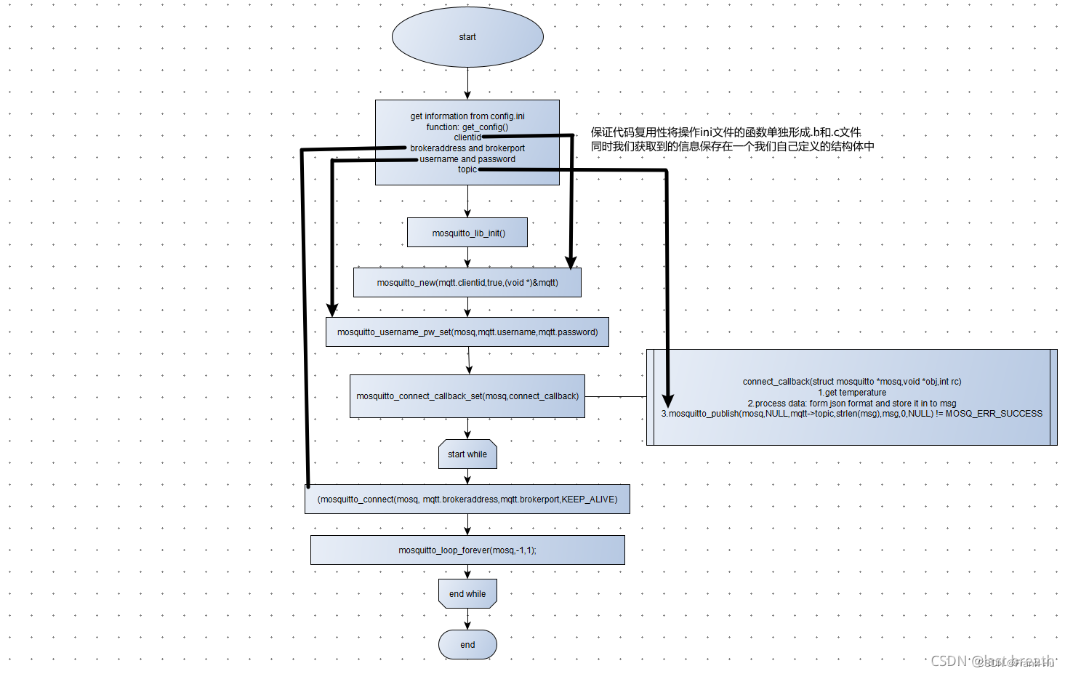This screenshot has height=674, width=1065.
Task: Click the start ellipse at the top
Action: pyautogui.click(x=467, y=37)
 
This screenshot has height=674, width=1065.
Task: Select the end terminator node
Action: pyautogui.click(x=467, y=645)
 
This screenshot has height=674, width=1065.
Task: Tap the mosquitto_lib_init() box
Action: pyautogui.click(x=467, y=233)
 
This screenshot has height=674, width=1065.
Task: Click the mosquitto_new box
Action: pyautogui.click(x=467, y=283)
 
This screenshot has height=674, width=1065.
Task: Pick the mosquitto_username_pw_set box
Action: pyautogui.click(x=467, y=332)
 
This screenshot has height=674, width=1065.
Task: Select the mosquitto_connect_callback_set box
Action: pyautogui.click(x=467, y=396)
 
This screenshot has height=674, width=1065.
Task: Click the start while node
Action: pyautogui.click(x=467, y=454)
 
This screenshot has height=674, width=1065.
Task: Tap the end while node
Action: pyautogui.click(x=467, y=594)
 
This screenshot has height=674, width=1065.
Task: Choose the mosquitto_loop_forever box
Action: pyautogui.click(x=467, y=550)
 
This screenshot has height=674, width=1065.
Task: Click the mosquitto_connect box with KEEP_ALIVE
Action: pyautogui.click(x=467, y=500)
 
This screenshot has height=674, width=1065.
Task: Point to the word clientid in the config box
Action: pyautogui.click(x=467, y=137)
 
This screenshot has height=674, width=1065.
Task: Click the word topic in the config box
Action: pyautogui.click(x=467, y=169)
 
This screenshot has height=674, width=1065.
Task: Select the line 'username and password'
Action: pyautogui.click(x=467, y=159)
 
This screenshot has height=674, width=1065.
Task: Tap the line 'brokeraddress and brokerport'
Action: pyautogui.click(x=467, y=148)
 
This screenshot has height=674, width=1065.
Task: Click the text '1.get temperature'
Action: pyautogui.click(x=852, y=393)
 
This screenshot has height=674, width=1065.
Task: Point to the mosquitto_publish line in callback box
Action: pyautogui.click(x=852, y=414)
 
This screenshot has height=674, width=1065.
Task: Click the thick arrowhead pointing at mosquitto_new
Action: pyautogui.click(x=571, y=262)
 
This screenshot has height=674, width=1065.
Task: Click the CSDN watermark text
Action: pyautogui.click(x=992, y=661)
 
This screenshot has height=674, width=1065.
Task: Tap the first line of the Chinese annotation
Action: pyautogui.click(x=726, y=132)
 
